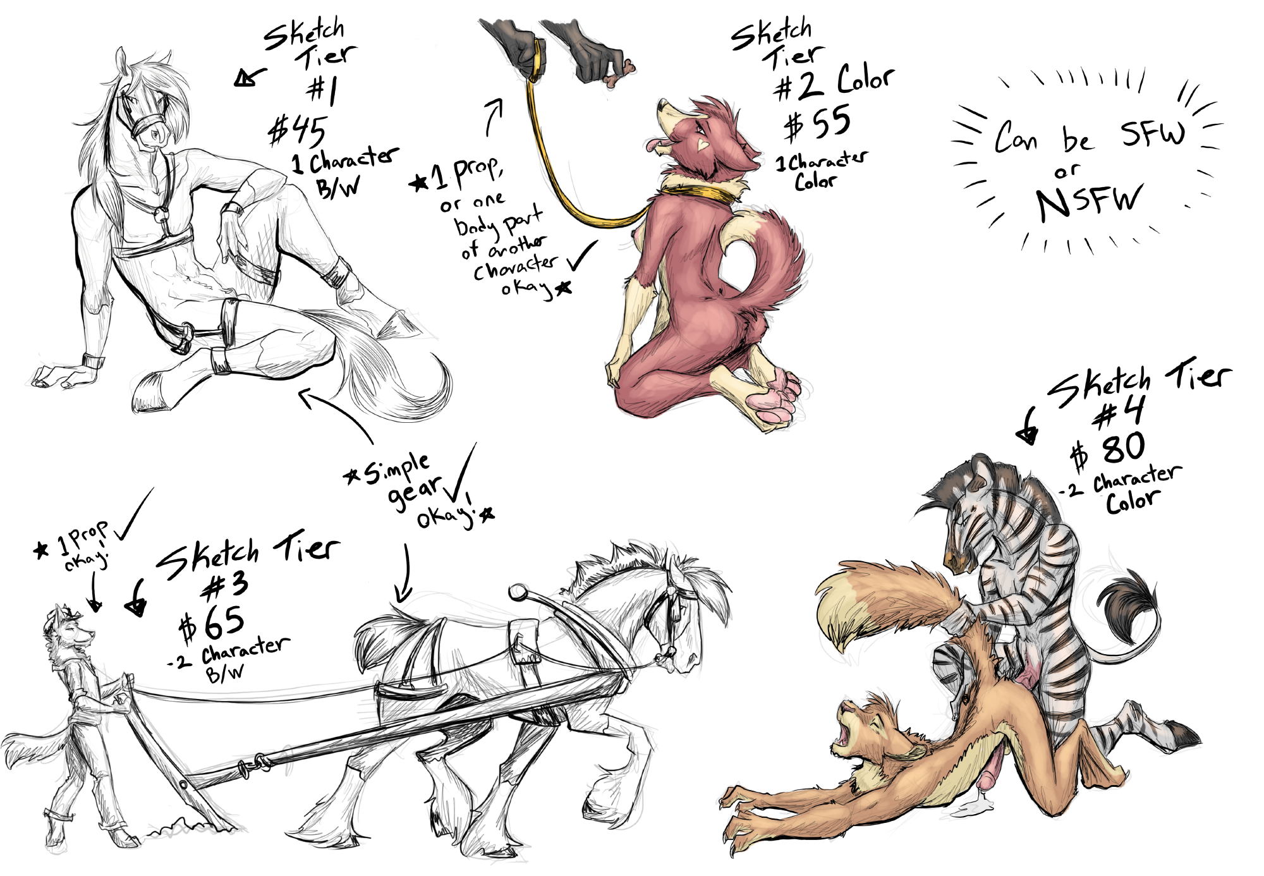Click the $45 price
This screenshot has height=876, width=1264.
297,131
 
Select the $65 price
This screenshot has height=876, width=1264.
211,623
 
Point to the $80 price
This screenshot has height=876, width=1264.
1107,450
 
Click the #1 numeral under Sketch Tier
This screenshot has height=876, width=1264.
323,90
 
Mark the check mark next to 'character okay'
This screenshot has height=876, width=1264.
581,255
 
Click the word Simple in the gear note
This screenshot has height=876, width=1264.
397,468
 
